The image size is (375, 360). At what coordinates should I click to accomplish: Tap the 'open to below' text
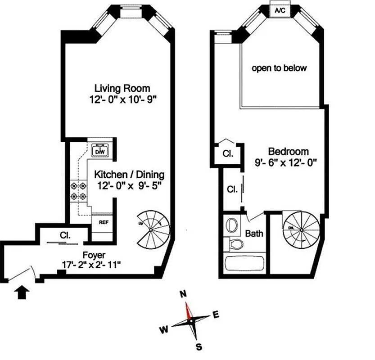pyautogui.click(x=279, y=68)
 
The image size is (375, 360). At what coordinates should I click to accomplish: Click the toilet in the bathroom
pyautogui.click(x=235, y=244)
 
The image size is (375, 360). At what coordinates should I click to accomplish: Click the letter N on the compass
pyautogui.click(x=183, y=294)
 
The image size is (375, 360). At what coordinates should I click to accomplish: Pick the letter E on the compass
pyautogui.click(x=216, y=315)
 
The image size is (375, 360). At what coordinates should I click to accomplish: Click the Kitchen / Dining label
pyautogui.click(x=129, y=174)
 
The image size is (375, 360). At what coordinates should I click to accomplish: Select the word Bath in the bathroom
pyautogui.click(x=255, y=234)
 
